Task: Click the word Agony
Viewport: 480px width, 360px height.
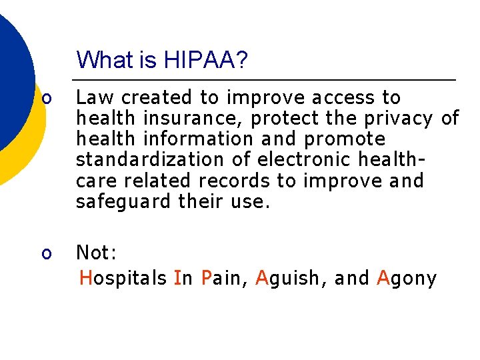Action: point(407,278)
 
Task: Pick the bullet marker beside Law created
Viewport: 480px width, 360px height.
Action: point(46,99)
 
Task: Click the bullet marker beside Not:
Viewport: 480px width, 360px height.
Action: point(46,253)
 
